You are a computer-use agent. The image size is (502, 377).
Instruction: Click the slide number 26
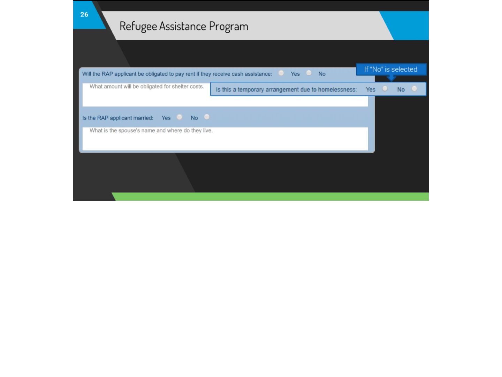pyautogui.click(x=84, y=15)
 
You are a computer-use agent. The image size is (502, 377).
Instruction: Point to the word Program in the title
pyautogui.click(x=229, y=27)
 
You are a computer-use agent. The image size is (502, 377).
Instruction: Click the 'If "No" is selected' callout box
pyautogui.click(x=391, y=69)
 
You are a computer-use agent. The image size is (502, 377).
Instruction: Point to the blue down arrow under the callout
pyautogui.click(x=391, y=78)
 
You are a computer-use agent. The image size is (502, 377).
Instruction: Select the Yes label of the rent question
pyautogui.click(x=295, y=74)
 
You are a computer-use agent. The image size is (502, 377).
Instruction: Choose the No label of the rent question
pyautogui.click(x=322, y=74)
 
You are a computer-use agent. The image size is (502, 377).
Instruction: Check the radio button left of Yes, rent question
pyautogui.click(x=281, y=73)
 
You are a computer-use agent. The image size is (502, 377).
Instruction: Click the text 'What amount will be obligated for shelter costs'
pyautogui.click(x=147, y=87)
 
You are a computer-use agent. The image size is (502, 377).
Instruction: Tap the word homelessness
pyautogui.click(x=337, y=90)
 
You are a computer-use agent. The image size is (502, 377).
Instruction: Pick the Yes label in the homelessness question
pyautogui.click(x=371, y=90)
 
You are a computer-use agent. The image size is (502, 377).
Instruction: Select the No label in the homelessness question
pyautogui.click(x=401, y=90)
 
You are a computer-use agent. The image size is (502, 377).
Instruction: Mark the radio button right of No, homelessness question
pyautogui.click(x=414, y=89)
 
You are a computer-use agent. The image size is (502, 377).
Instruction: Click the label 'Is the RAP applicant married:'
pyautogui.click(x=118, y=118)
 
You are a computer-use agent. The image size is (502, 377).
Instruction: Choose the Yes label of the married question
pyautogui.click(x=166, y=118)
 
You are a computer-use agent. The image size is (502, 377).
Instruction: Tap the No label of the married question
pyautogui.click(x=194, y=118)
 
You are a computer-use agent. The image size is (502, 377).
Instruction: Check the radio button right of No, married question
pyautogui.click(x=207, y=117)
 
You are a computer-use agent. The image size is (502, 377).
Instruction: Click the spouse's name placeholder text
pyautogui.click(x=151, y=131)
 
